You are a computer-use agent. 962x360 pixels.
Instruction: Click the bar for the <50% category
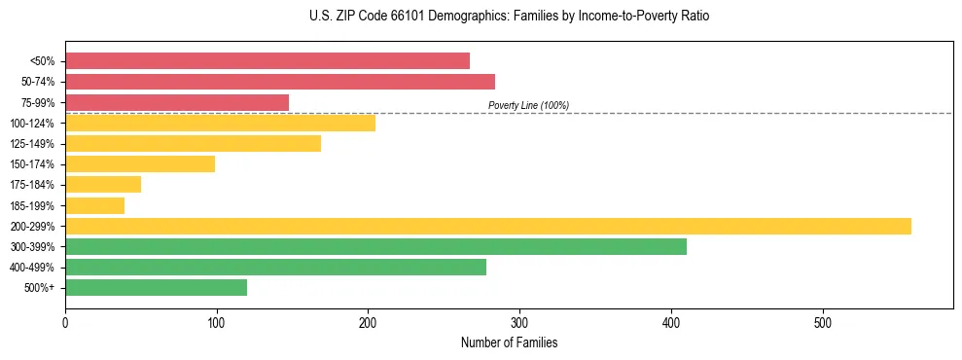267,61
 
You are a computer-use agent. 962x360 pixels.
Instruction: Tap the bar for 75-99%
177,102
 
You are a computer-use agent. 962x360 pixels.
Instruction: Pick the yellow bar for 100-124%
220,123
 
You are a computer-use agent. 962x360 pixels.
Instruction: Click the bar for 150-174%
140,164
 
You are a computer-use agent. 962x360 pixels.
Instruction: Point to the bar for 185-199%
95,205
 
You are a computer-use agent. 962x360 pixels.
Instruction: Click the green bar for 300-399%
375,247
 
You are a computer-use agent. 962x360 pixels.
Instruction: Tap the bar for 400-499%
275,268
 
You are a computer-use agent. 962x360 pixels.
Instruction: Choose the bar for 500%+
156,288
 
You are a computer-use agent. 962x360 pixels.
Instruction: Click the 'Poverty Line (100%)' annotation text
528,105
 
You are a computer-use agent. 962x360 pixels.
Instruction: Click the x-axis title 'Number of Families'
509,343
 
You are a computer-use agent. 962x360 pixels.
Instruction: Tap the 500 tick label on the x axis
823,322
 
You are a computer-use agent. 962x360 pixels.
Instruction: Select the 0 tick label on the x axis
65,322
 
